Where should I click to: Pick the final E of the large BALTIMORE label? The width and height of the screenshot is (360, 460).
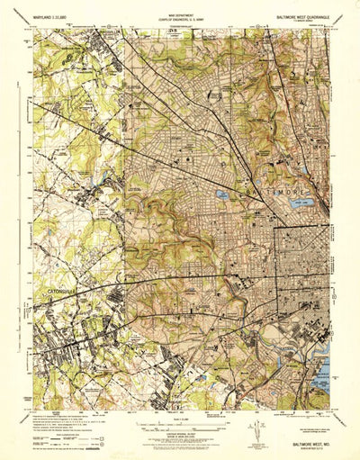pos(317,194)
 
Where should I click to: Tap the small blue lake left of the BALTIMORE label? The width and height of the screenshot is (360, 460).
pos(220,193)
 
